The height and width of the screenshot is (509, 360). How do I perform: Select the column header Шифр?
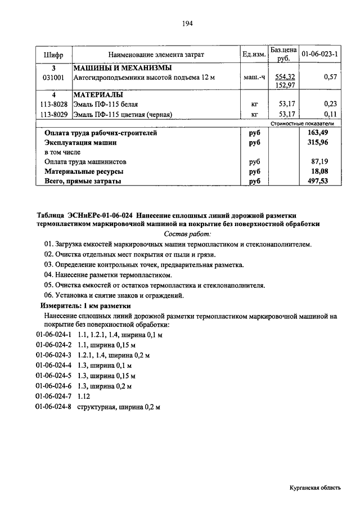tap(53, 55)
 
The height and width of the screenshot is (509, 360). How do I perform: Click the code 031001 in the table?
tap(53, 77)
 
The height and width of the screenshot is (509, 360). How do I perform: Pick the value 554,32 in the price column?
tap(286, 76)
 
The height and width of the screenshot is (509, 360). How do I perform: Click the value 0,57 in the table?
tap(330, 77)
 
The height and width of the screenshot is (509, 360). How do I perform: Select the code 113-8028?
tap(53, 105)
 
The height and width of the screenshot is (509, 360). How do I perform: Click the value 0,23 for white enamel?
tap(330, 105)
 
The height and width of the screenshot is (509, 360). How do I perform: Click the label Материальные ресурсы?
tap(84, 172)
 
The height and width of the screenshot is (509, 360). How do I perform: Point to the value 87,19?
tap(319, 161)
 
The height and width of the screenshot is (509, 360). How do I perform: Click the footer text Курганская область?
tap(315, 489)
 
